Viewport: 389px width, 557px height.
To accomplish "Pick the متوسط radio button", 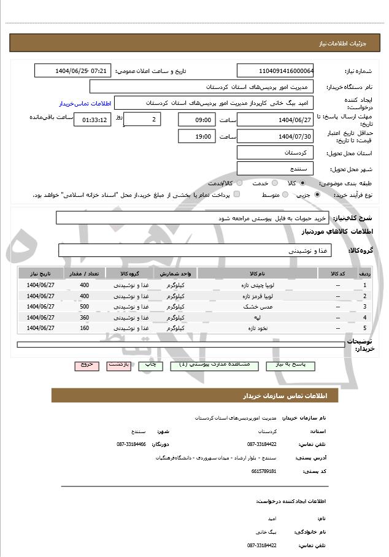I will click(x=285, y=194).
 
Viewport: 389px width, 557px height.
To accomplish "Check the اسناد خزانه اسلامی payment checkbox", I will click(x=237, y=194).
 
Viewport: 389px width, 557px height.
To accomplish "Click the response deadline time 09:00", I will click(x=196, y=120).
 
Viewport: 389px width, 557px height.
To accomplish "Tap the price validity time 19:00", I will click(x=196, y=136).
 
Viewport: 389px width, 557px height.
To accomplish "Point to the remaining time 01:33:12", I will click(x=92, y=120).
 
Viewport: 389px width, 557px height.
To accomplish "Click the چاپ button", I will click(x=150, y=365).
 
